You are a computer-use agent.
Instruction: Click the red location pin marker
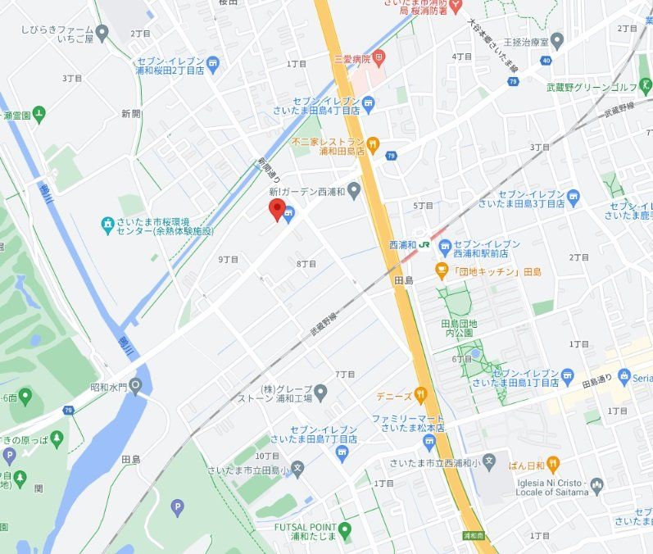point(277,208)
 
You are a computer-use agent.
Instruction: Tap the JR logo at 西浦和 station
point(425,244)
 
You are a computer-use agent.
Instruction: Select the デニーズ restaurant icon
point(420,395)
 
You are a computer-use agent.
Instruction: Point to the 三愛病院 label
point(353,59)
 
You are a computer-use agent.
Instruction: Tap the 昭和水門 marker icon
point(135,386)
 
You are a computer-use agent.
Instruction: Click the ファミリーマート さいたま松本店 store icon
point(429,442)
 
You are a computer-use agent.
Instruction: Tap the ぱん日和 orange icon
point(552,464)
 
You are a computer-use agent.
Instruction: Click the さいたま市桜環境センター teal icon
point(107,223)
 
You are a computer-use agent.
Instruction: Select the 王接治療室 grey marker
point(557,39)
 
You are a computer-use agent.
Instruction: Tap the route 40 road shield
point(546,60)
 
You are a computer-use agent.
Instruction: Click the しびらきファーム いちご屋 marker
point(102,33)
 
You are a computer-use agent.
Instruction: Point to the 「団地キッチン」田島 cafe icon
point(441,270)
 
